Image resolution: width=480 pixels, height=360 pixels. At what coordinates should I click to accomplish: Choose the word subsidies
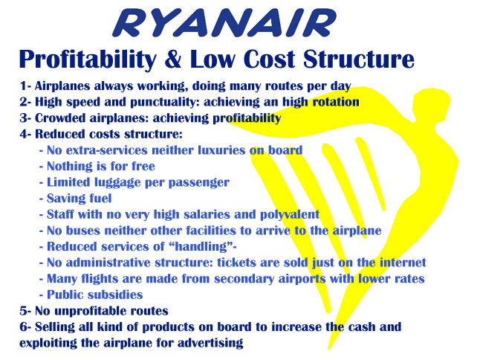[116, 295]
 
